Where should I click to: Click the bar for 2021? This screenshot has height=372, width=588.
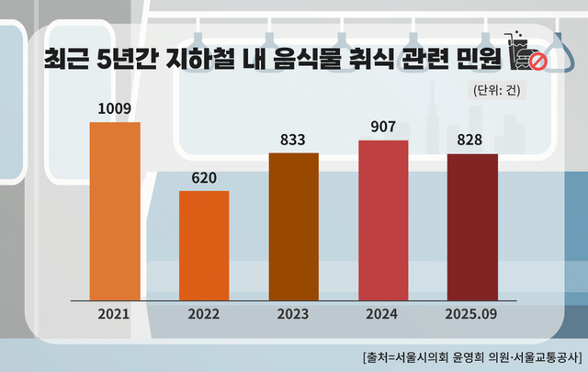(115, 210)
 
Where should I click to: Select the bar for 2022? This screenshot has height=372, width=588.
(204, 244)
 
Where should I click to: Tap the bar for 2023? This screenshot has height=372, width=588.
(293, 226)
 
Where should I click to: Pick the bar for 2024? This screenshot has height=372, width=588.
(383, 220)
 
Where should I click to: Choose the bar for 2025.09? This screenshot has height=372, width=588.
(472, 226)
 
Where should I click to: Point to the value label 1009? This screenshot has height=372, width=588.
(115, 108)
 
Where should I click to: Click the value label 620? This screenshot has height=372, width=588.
(204, 177)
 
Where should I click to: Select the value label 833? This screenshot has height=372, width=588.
(293, 140)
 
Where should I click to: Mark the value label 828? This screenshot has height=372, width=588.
(472, 141)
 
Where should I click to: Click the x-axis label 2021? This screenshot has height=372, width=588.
(115, 314)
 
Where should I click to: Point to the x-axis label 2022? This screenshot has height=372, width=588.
(204, 314)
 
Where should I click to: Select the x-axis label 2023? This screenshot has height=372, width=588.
(293, 314)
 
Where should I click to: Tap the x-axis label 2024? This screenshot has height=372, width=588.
(383, 314)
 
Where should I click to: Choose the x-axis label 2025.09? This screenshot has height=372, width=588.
(472, 314)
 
